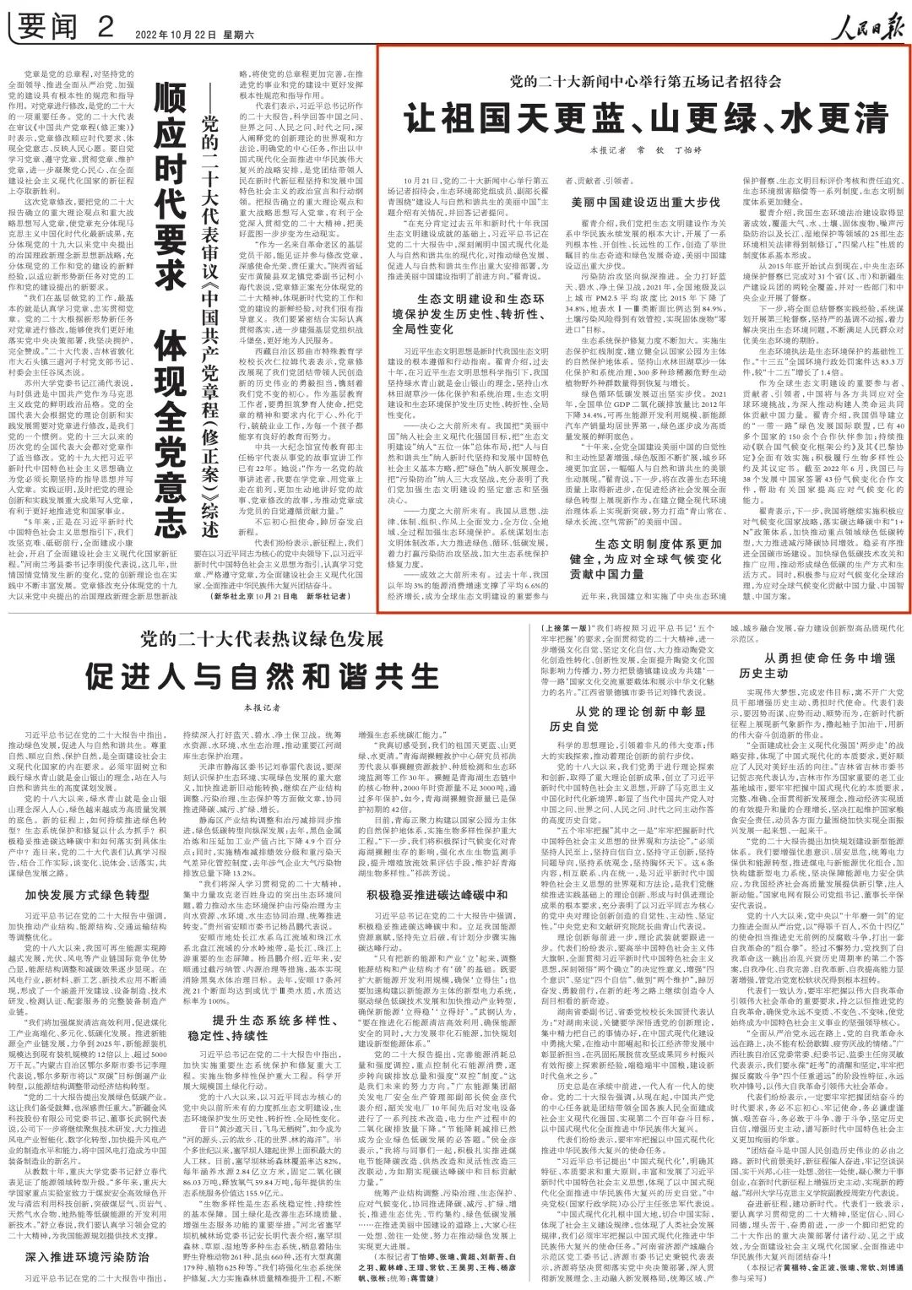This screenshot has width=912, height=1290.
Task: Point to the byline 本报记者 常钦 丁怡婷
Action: (x=646, y=149)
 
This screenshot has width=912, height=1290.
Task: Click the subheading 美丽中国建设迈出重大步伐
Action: (x=646, y=203)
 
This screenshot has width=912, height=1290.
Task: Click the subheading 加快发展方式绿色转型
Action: (x=87, y=893)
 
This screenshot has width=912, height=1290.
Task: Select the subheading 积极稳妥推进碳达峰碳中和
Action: (x=437, y=894)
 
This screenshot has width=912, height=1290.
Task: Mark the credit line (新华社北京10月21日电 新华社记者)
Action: (x=282, y=596)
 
